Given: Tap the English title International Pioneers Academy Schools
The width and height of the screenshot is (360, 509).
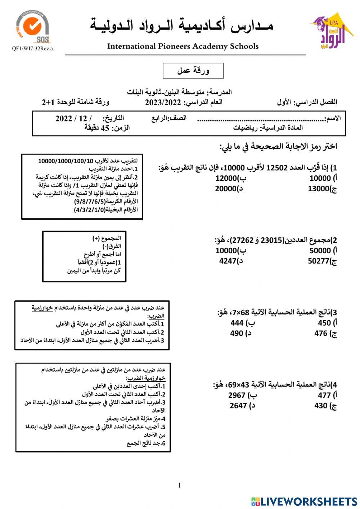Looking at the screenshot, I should point(183,46).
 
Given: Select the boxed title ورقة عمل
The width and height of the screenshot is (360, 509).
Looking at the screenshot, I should point(193,71).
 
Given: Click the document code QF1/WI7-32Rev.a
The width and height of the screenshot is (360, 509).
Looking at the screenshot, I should point(32,49).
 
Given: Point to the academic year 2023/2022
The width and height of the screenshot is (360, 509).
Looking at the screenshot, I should point(163,102).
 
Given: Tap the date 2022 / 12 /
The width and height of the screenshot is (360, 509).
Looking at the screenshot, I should point(73,119).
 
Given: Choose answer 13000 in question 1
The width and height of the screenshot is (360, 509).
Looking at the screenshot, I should point(319,188).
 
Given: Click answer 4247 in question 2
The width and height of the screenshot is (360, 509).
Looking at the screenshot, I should point(228,261).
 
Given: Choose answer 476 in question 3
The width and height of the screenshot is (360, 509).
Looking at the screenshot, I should point(321,333).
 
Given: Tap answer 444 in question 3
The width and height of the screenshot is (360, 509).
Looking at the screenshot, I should point(237,323).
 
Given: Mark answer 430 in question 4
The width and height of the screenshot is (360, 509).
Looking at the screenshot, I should point(321,406).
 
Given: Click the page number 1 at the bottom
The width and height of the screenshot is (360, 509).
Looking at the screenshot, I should point(179,485).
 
